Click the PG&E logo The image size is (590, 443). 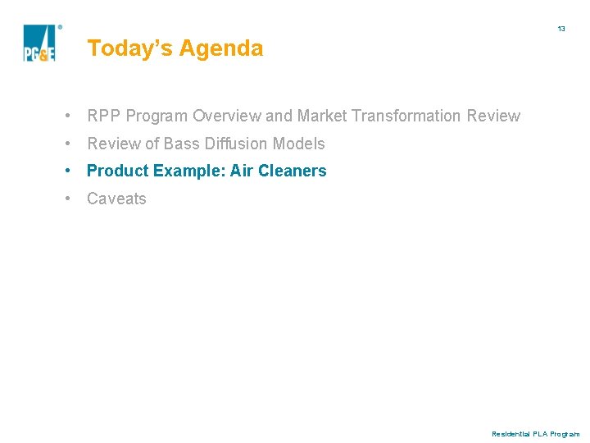(39, 43)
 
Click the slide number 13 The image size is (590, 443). (561, 29)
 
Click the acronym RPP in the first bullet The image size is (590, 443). (104, 116)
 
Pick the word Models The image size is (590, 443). (299, 144)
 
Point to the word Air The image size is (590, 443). (241, 171)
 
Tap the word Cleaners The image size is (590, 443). (293, 171)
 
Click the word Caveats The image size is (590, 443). (116, 199)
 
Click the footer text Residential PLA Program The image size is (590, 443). (535, 434)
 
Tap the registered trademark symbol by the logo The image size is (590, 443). (60, 26)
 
